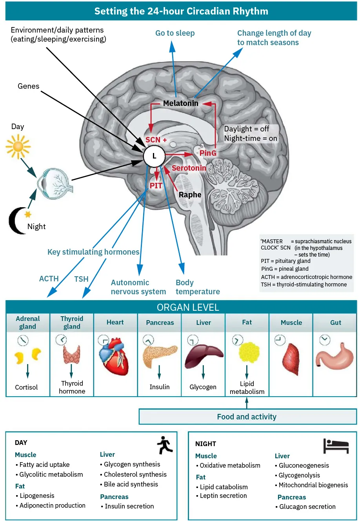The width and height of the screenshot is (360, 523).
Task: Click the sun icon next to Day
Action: pyautogui.click(x=18, y=146)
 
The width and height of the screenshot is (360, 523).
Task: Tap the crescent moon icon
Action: pyautogui.click(x=18, y=220)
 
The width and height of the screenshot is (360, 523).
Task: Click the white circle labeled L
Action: pyautogui.click(x=154, y=156)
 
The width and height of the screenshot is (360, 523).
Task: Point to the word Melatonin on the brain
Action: pyautogui.click(x=181, y=103)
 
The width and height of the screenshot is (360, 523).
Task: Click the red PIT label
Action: pyautogui.click(x=156, y=186)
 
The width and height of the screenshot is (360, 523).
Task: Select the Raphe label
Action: pyautogui.click(x=190, y=195)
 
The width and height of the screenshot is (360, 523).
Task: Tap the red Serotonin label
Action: pyautogui.click(x=189, y=168)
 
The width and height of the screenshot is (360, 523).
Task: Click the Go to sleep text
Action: pyautogui.click(x=175, y=33)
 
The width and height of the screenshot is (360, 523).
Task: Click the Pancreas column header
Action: pyautogui.click(x=160, y=323)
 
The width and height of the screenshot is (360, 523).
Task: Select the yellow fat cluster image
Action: pyautogui.click(x=249, y=352)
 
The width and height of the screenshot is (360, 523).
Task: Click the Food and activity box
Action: pyautogui.click(x=247, y=417)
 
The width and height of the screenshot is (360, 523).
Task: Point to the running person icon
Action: pyautogui.click(x=165, y=445)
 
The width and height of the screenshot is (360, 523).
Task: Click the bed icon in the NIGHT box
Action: pyautogui.click(x=336, y=446)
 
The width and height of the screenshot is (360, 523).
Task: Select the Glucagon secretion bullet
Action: pyautogui.click(x=307, y=507)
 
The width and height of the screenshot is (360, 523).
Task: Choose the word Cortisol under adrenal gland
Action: pyautogui.click(x=26, y=387)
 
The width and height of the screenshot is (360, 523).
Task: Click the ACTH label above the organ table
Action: pyautogui.click(x=49, y=279)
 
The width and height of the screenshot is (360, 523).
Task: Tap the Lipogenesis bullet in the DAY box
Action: pyautogui.click(x=37, y=496)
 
